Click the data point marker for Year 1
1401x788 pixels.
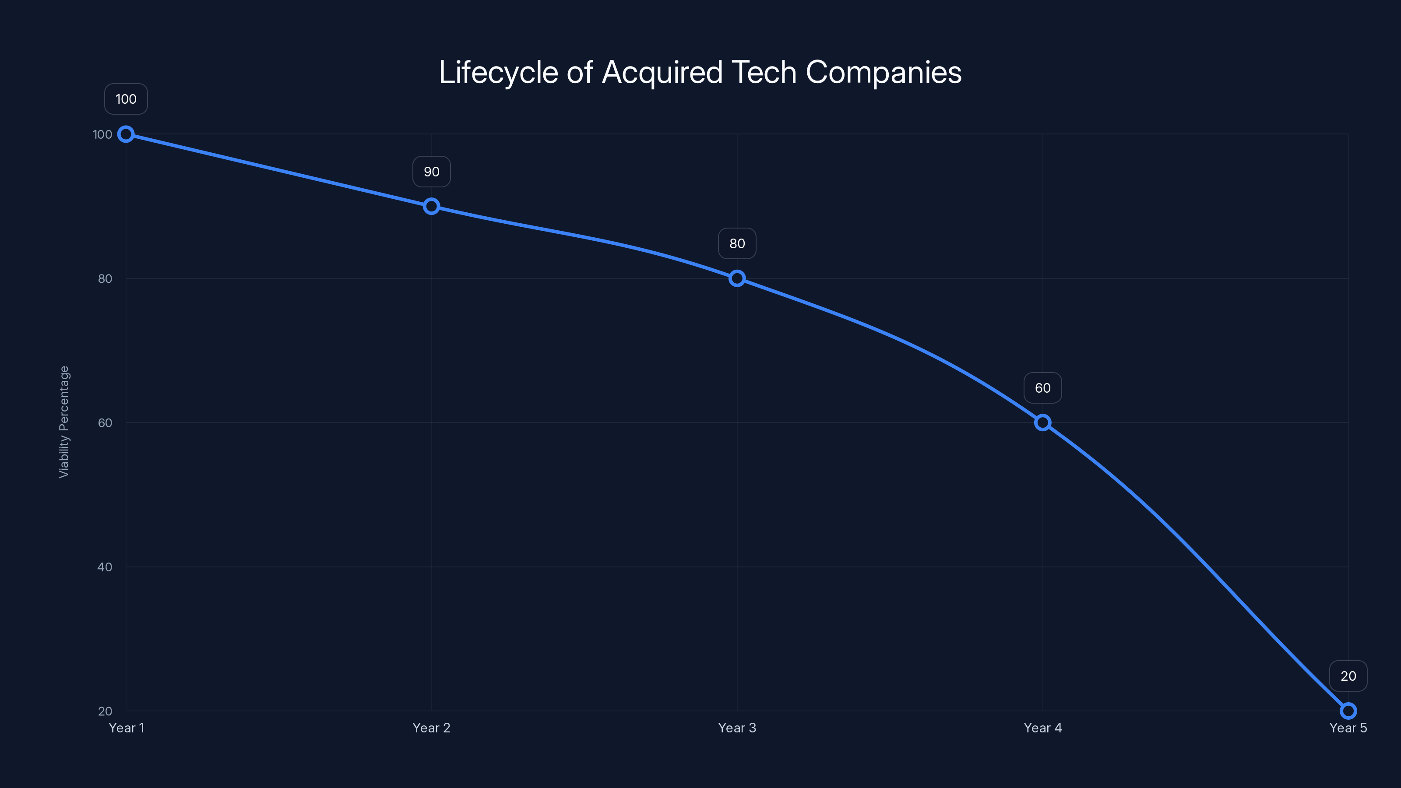point(126,134)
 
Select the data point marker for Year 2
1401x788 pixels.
point(431,206)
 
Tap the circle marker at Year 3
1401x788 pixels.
point(737,278)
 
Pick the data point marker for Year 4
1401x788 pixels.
point(1042,422)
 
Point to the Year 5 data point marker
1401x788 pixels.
point(1348,711)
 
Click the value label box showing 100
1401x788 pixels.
point(126,99)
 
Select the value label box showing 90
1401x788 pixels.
point(431,172)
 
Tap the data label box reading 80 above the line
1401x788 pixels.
point(737,244)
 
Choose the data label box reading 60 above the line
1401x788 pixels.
point(1042,388)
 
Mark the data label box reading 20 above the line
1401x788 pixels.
point(1348,676)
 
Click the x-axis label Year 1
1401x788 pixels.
point(126,728)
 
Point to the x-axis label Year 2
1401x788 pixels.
point(431,728)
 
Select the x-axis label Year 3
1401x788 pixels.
point(737,728)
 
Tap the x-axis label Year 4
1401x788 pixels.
point(1042,728)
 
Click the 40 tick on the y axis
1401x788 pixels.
point(105,566)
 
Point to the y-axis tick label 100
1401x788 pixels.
point(102,134)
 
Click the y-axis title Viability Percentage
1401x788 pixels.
point(64,422)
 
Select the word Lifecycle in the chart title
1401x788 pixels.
point(498,72)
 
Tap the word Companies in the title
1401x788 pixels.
point(883,72)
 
